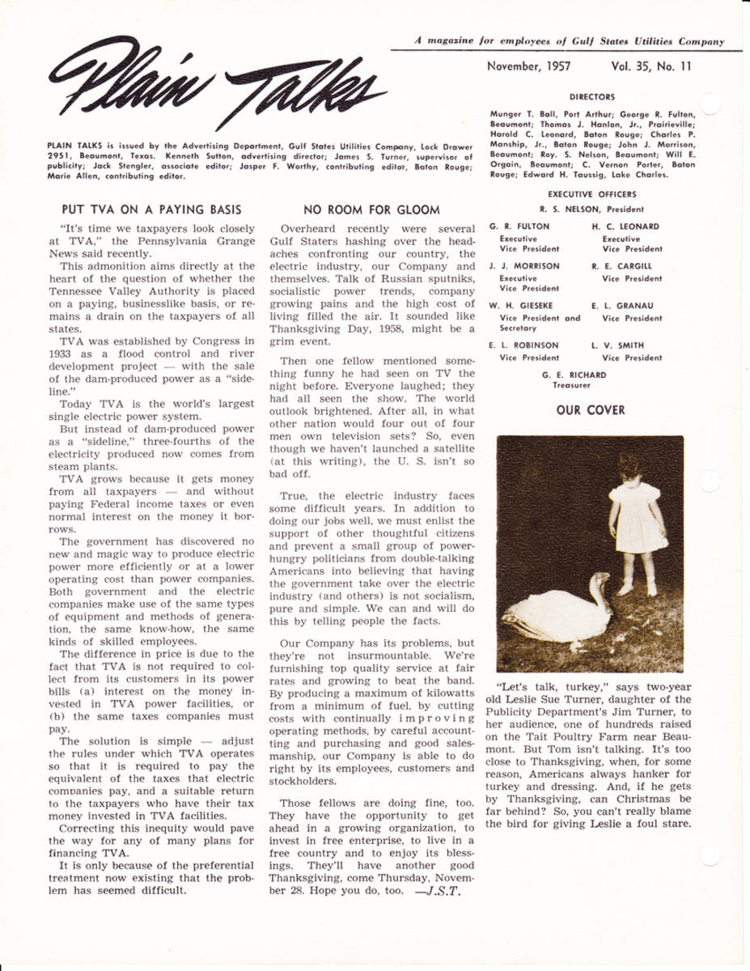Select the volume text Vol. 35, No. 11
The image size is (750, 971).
[651, 67]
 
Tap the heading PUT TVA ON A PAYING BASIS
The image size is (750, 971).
[151, 210]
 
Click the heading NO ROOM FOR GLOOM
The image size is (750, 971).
[371, 210]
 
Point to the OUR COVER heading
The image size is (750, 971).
[590, 410]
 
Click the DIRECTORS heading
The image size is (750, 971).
[591, 97]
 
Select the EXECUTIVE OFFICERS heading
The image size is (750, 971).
[591, 194]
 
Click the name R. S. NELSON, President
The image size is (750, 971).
[591, 208]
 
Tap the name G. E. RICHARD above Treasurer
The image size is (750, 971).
[574, 375]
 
